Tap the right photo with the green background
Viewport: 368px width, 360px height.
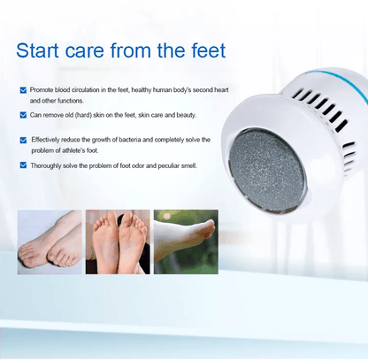tap(186, 240)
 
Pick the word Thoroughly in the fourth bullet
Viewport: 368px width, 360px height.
tap(49, 165)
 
